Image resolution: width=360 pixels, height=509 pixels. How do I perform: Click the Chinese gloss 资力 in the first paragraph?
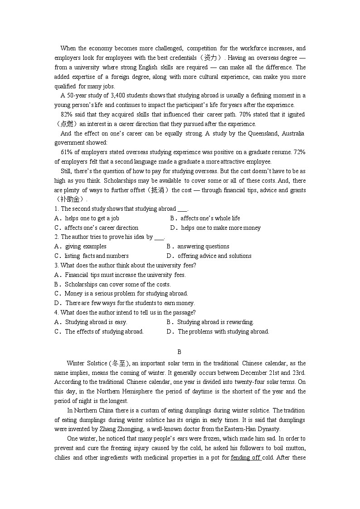210,58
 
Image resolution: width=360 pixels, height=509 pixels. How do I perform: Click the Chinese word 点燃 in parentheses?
67,124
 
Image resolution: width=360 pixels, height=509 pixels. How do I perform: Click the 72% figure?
299,152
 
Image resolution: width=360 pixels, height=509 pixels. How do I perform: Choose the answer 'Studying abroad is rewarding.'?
215,322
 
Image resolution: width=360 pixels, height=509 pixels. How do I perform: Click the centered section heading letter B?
180,352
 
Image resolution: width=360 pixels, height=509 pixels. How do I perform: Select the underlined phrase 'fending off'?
245,458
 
